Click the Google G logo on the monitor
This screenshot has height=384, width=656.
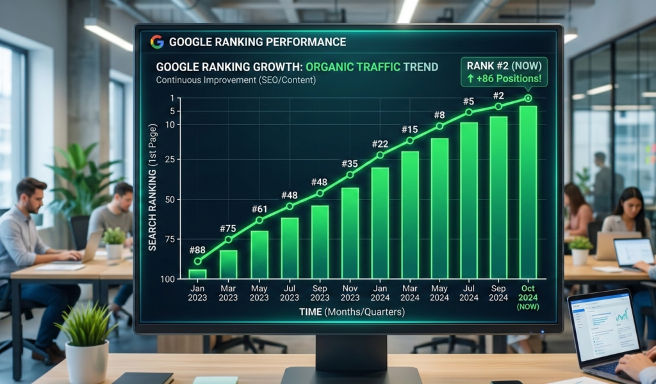[x=157, y=42]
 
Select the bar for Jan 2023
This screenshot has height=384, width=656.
[x=198, y=273]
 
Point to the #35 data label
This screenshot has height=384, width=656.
[x=350, y=163]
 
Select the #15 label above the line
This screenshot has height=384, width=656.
[x=409, y=129]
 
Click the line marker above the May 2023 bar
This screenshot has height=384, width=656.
[x=259, y=221]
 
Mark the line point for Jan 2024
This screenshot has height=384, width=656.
[x=380, y=154]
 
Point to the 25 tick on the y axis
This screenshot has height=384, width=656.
[x=170, y=159]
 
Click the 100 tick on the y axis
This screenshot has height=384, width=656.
[x=167, y=279]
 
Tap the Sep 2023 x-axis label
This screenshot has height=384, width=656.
[x=320, y=293]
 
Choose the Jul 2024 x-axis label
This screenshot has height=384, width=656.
[x=469, y=293]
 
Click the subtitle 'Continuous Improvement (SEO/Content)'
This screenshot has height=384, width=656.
[x=235, y=80]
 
